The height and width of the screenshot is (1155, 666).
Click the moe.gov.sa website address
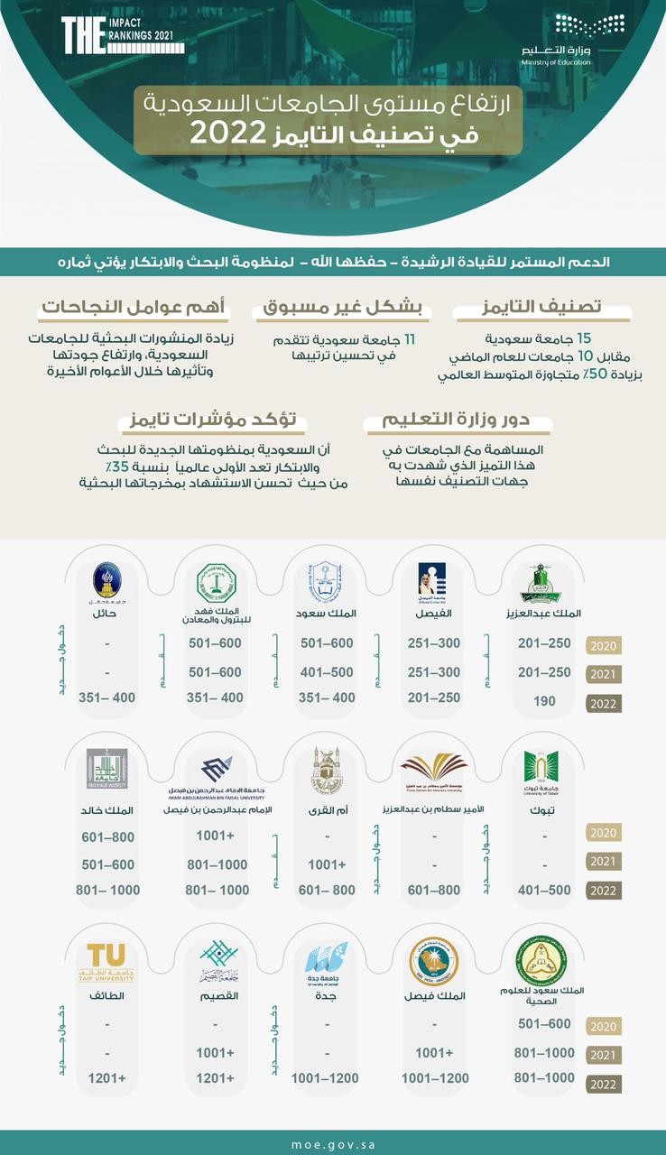[x=333, y=1142]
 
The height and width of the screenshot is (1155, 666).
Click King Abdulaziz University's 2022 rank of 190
[x=544, y=701]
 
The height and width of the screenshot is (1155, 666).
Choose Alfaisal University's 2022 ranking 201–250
[x=434, y=698]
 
